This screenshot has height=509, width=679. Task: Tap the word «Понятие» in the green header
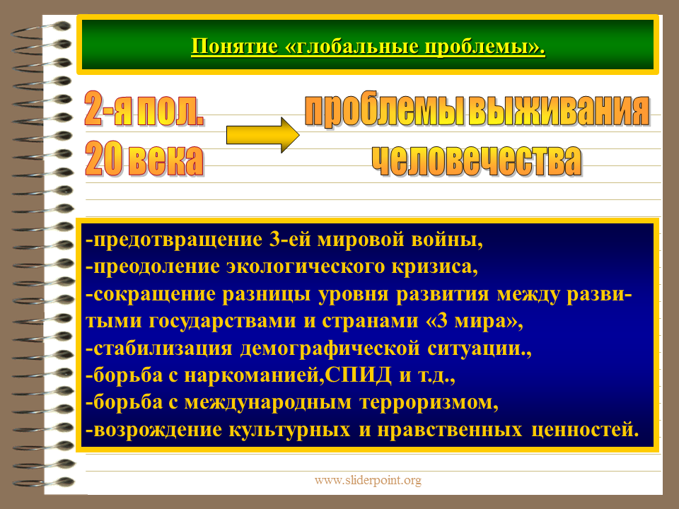click(234, 47)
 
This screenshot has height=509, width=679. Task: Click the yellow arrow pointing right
click(262, 135)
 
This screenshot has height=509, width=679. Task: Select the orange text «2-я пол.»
click(144, 109)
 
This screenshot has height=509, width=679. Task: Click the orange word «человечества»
click(476, 160)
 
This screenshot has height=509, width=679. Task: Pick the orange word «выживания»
click(559, 110)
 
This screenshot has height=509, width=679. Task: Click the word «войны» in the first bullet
click(446, 240)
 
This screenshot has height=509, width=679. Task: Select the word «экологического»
click(306, 267)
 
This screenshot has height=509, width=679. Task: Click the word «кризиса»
click(435, 267)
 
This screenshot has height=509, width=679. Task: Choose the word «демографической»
click(330, 349)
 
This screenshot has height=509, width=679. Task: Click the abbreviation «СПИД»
click(358, 375)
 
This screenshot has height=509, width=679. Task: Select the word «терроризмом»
click(429, 402)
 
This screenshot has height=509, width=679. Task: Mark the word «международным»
click(267, 402)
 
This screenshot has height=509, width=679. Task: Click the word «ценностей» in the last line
click(585, 430)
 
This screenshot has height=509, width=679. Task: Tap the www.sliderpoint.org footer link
click(368, 480)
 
